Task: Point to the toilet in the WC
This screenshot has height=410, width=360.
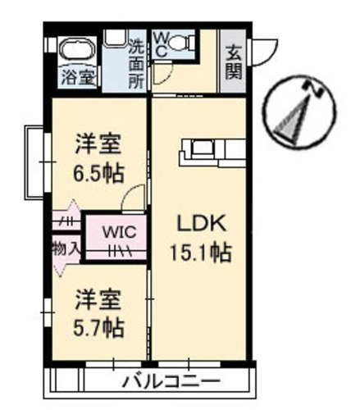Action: coord(184,42)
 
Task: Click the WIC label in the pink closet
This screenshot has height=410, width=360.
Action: coord(114,231)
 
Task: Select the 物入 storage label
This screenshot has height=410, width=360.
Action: coord(65,247)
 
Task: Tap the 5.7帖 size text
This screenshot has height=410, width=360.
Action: coord(100,328)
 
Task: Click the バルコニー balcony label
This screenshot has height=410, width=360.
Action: coord(172,381)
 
